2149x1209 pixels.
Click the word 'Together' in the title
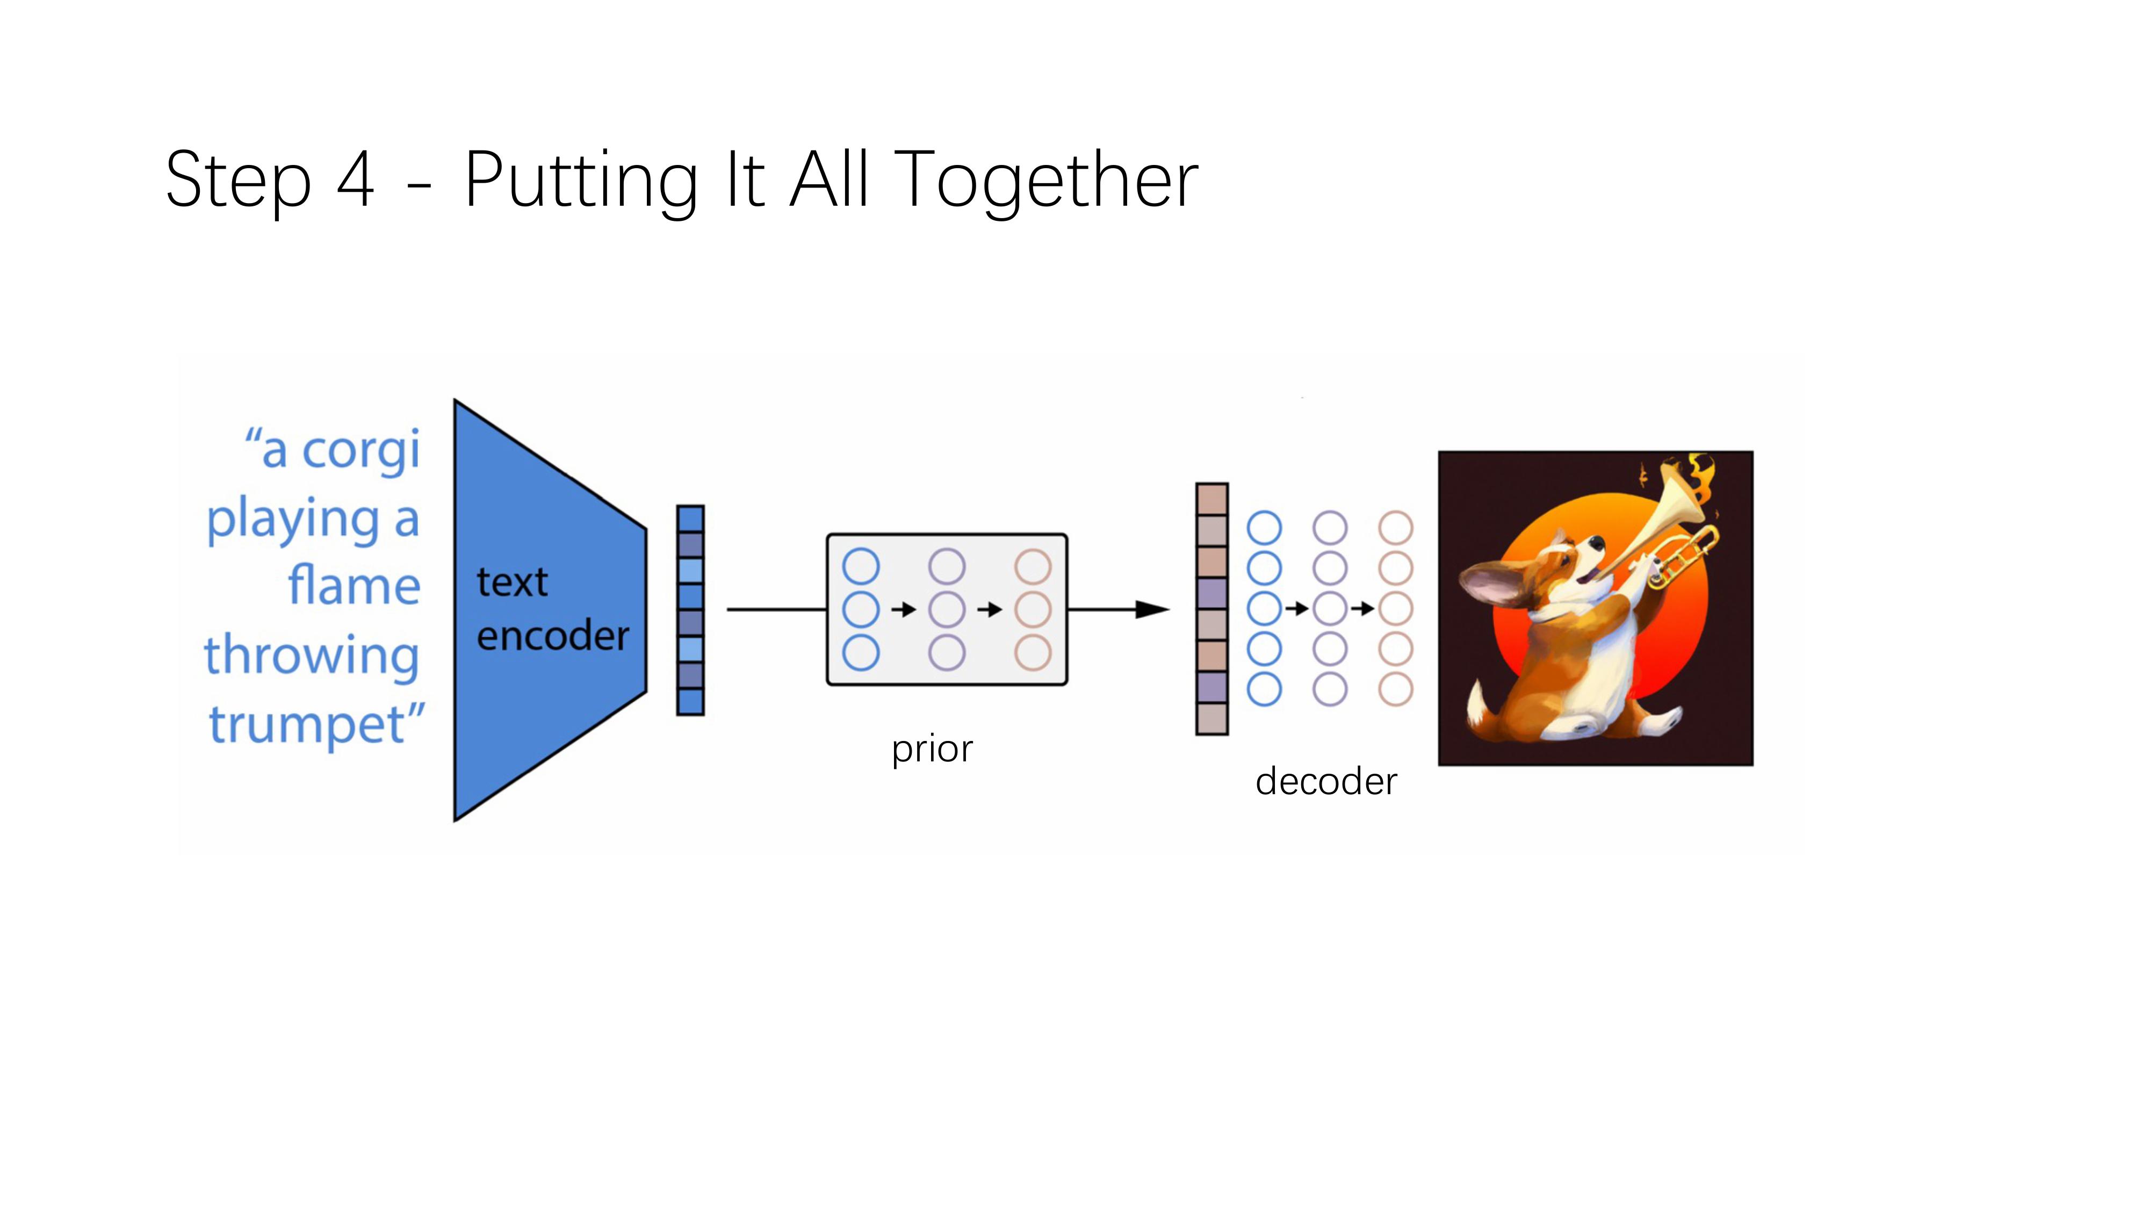[x=1046, y=179]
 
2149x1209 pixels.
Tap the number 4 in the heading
[x=355, y=179]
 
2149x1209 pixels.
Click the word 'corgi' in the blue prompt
[x=360, y=451]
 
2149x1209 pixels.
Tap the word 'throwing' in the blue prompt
[x=311, y=656]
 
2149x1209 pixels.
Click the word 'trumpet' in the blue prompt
[x=307, y=724]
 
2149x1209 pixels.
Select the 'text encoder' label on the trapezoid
[x=551, y=609]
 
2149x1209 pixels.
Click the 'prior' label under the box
[x=932, y=749]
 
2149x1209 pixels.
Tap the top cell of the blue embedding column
[x=690, y=519]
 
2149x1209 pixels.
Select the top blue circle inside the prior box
[x=861, y=566]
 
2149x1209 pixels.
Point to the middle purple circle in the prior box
[x=947, y=610]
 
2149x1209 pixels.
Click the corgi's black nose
[x=1594, y=543]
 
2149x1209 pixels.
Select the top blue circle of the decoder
[x=1264, y=528]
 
